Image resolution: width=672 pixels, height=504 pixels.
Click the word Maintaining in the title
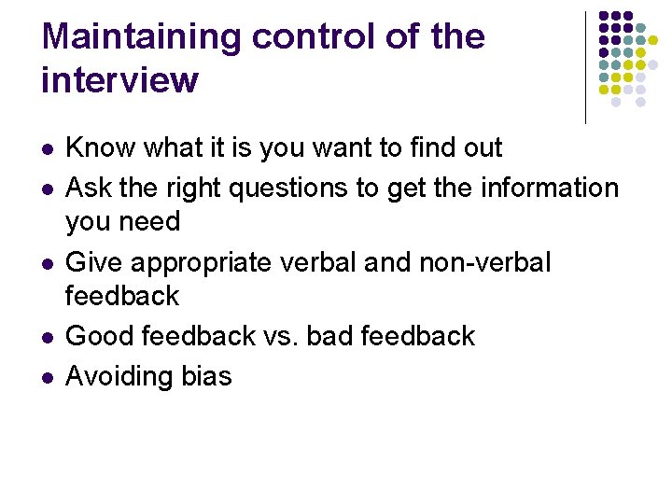click(141, 37)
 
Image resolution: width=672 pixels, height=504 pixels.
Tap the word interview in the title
click(119, 80)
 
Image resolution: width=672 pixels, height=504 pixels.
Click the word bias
click(205, 376)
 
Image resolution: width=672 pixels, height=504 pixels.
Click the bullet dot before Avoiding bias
click(47, 377)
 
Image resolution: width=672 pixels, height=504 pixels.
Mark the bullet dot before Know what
click(47, 148)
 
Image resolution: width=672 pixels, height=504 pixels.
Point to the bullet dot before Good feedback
click(47, 336)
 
